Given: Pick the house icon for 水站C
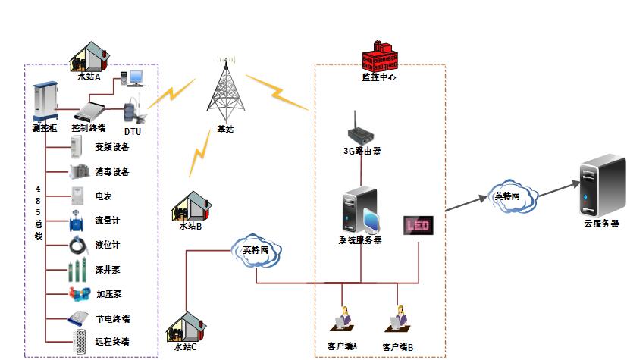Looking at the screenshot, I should click(x=186, y=327).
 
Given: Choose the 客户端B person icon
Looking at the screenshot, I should click(x=399, y=319).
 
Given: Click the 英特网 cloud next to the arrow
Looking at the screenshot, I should click(x=513, y=196).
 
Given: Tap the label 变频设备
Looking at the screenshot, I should click(x=111, y=147).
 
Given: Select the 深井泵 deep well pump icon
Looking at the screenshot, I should click(x=77, y=270).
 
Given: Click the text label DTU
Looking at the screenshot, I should click(x=132, y=132).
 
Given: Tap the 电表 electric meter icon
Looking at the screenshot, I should click(x=77, y=196).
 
